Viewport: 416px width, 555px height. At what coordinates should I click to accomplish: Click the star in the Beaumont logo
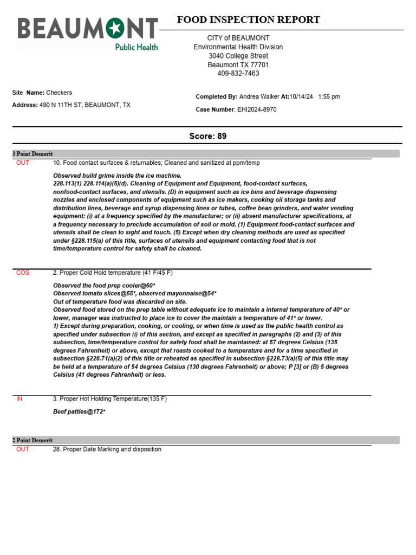pos(115,28)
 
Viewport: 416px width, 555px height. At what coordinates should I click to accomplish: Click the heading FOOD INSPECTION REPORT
pos(248,20)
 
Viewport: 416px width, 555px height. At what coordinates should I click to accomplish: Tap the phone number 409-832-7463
pos(238,73)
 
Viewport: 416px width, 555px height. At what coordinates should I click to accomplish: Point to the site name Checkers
pos(59,93)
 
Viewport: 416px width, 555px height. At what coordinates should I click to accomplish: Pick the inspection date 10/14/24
pos(302,96)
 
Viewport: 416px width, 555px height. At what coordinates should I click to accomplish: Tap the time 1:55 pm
pos(329,96)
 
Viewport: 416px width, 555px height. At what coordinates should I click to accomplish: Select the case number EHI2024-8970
pos(257,109)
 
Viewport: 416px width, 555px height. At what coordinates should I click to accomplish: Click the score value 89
pos(222,136)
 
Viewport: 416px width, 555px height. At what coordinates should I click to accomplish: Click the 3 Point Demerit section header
pos(32,154)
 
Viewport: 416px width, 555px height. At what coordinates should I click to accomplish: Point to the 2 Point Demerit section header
pos(32,440)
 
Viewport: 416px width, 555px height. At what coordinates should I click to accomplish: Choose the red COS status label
pos(23,273)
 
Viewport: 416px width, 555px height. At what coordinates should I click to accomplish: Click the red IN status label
pos(19,399)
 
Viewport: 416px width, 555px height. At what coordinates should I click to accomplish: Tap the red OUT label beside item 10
pos(23,163)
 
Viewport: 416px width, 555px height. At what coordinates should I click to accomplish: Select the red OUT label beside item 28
pos(23,449)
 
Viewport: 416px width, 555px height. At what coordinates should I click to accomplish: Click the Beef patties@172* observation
pos(79,412)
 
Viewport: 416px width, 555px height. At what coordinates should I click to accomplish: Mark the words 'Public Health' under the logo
pos(136,47)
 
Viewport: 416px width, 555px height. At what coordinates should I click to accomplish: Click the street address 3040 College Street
pos(238,56)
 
